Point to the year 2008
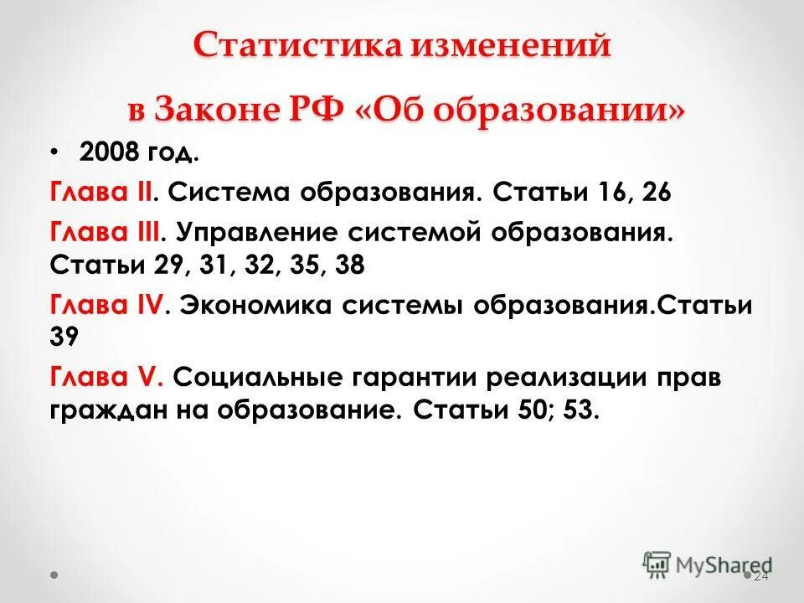[x=107, y=154]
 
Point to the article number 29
[x=173, y=266]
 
